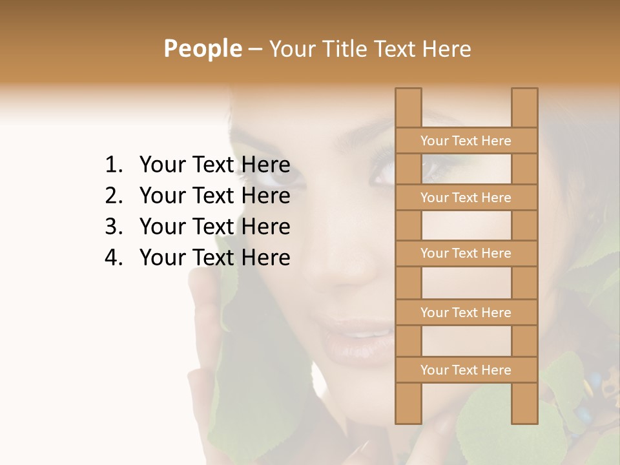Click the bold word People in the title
[202, 48]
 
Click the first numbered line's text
[214, 165]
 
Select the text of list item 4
[214, 258]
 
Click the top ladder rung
[466, 141]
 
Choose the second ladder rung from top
[466, 198]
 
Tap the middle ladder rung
[466, 254]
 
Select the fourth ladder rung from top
[466, 313]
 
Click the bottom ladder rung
[466, 370]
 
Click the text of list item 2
[214, 196]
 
